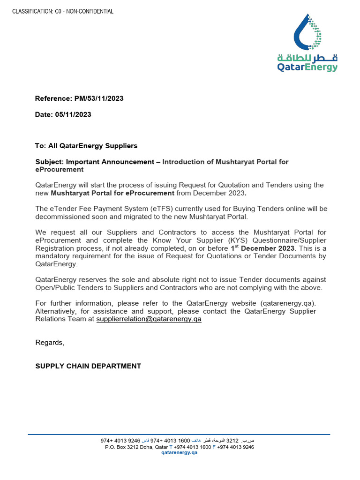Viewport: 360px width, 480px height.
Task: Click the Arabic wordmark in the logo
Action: [307, 58]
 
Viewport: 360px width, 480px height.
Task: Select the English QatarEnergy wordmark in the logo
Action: [307, 67]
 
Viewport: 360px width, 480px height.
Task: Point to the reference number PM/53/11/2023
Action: [98, 98]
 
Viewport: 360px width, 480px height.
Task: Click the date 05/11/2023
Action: [73, 114]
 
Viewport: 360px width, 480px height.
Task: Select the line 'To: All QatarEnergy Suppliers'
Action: [86, 146]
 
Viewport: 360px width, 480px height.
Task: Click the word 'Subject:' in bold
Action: [50, 162]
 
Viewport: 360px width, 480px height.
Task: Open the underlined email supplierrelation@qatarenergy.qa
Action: [149, 319]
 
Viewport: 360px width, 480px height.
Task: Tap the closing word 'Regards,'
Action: [50, 343]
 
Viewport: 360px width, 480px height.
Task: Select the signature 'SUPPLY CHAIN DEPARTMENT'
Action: [88, 366]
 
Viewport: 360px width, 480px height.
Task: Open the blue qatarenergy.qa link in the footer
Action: [180, 453]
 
